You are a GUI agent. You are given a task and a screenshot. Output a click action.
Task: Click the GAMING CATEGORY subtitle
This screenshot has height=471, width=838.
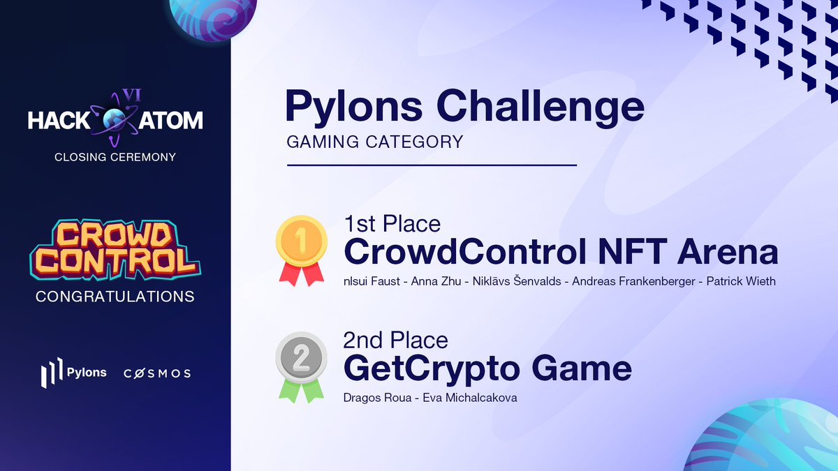click(x=374, y=142)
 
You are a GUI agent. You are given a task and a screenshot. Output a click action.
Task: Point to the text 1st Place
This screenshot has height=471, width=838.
click(x=392, y=223)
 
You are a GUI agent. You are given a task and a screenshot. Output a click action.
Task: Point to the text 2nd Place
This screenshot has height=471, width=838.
click(x=395, y=340)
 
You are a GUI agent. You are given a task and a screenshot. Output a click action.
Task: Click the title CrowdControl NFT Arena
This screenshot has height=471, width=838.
click(x=560, y=251)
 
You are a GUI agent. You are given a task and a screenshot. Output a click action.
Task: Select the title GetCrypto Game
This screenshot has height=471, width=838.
click(x=487, y=368)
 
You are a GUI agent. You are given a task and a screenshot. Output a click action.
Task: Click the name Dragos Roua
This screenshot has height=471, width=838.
click(x=374, y=398)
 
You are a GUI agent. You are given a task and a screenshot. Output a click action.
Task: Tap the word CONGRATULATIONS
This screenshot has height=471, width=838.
click(x=115, y=297)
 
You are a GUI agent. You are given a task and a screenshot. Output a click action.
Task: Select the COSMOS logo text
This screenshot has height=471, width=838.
click(x=157, y=373)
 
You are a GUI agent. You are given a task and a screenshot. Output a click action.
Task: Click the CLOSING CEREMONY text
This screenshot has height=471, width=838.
click(x=115, y=157)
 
